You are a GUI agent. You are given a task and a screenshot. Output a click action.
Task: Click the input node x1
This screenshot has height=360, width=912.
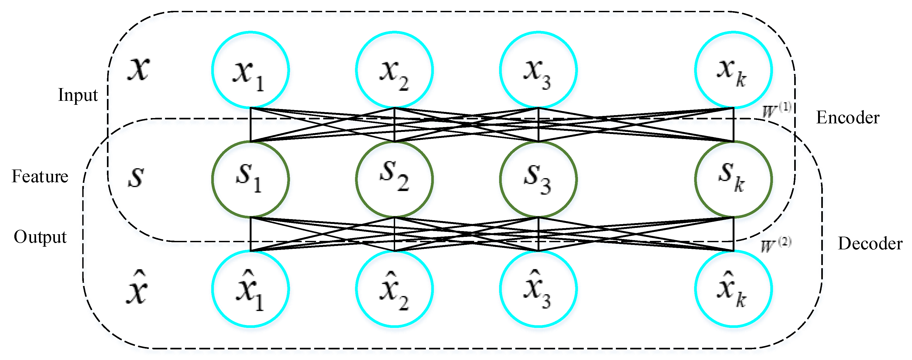pos(250,70)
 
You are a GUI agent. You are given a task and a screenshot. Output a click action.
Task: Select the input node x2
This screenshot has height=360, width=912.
pos(394,70)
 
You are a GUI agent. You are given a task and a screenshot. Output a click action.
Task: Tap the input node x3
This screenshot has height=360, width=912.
pos(538,70)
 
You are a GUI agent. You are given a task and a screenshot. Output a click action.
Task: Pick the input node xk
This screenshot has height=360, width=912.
pos(733,70)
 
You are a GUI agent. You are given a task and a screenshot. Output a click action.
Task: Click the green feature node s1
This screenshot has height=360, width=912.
pos(250,179)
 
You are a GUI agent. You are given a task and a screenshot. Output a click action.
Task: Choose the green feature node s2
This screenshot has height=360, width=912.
pos(394,179)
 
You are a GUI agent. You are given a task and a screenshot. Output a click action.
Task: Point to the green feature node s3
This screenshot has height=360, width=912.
pos(538,179)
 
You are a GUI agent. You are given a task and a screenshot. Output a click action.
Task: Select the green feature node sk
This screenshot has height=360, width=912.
pos(733,179)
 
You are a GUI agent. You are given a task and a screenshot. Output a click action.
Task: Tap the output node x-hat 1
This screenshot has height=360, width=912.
pos(250,289)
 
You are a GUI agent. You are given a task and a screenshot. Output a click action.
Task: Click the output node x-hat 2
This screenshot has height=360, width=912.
pos(394,289)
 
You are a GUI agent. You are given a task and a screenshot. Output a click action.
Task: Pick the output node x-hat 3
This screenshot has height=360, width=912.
pos(538,289)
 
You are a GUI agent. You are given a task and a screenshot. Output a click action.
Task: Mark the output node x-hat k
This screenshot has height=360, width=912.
pos(733,289)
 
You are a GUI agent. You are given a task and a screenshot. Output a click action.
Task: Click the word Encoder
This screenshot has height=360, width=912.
pos(847,118)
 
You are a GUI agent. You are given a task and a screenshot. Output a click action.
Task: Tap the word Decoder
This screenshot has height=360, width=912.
pos(870,244)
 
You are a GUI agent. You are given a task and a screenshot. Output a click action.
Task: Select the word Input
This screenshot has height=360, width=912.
pos(77,95)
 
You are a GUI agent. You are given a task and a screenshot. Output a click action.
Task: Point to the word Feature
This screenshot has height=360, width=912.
pos(40,176)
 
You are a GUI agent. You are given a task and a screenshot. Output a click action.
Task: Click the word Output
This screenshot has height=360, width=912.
pos(40,237)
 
